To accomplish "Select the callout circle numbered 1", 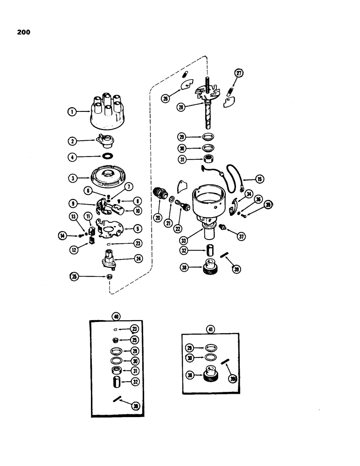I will (71, 112).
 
